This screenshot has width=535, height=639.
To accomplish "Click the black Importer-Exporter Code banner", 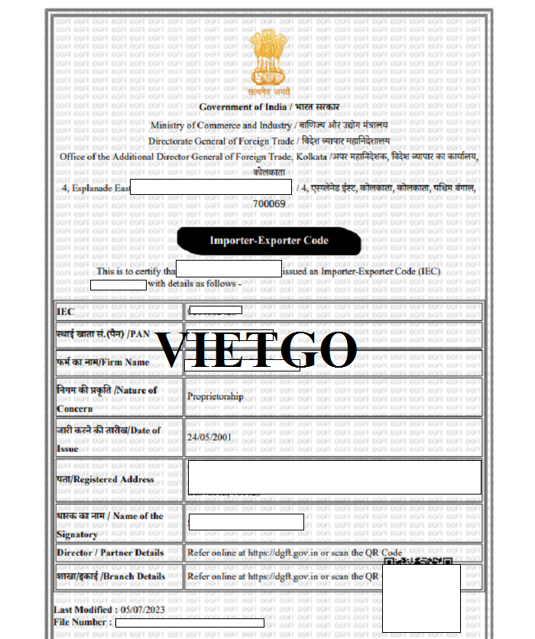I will pyautogui.click(x=269, y=241).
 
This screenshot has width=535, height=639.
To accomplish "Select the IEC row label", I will pyautogui.click(x=66, y=312).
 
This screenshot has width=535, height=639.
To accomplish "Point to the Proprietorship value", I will pyautogui.click(x=215, y=397).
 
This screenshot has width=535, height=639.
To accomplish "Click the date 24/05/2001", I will pyautogui.click(x=209, y=437).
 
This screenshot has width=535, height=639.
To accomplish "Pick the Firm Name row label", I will pyautogui.click(x=102, y=362).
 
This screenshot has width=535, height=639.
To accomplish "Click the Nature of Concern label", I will pyautogui.click(x=107, y=398).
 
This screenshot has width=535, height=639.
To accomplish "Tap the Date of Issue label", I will pyautogui.click(x=109, y=439).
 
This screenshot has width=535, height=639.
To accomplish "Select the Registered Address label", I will pyautogui.click(x=105, y=479).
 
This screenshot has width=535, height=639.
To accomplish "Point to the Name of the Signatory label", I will pyautogui.click(x=110, y=524).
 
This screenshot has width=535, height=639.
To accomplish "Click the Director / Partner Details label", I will pyautogui.click(x=110, y=552).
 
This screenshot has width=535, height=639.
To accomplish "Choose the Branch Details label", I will pyautogui.click(x=111, y=576).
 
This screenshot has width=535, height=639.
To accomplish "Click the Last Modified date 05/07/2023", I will pyautogui.click(x=142, y=610).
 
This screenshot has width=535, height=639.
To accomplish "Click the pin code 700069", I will pyautogui.click(x=269, y=204).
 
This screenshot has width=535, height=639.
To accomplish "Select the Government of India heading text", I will pyautogui.click(x=269, y=107).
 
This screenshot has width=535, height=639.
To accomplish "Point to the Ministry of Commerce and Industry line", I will pyautogui.click(x=269, y=125).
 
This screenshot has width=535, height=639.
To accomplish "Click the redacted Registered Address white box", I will pyautogui.click(x=334, y=477).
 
